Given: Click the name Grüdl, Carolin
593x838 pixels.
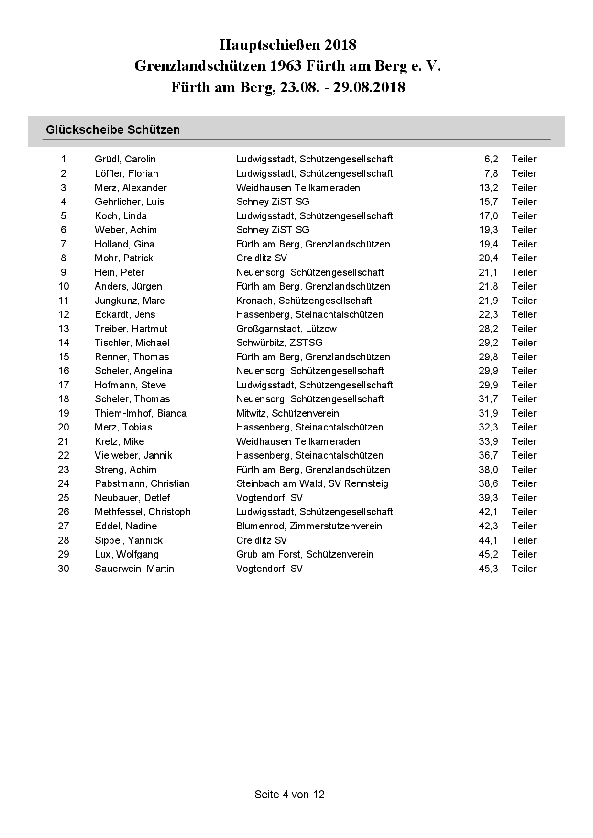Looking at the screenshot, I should point(125,159).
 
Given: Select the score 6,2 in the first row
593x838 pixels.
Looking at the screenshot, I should point(491,159).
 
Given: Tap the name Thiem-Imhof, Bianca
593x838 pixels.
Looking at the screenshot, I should point(140,413).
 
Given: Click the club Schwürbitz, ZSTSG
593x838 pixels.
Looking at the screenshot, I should point(279,343).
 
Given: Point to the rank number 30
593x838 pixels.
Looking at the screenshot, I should point(64,569).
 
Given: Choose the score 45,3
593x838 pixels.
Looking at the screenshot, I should point(488,569).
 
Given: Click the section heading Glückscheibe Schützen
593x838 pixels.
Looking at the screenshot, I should point(113,129).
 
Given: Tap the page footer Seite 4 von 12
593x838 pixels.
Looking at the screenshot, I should point(289,795).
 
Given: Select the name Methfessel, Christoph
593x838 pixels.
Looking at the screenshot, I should point(143,512).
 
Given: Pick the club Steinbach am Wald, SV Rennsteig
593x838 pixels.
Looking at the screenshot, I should point(312,483).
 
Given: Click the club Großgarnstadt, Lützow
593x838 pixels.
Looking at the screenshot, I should point(286,329).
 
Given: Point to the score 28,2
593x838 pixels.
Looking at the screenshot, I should point(488,329).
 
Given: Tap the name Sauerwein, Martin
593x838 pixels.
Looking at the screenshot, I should point(134,569).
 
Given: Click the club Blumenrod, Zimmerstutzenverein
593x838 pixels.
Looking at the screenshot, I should point(309,526).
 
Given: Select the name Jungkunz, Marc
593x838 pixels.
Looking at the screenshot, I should point(129,301).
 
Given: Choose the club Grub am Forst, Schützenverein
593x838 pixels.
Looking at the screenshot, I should point(305,554).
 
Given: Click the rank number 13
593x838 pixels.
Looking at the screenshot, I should point(64,329).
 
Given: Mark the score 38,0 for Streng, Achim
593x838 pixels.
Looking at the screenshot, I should point(488,470).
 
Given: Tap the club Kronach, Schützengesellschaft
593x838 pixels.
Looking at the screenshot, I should point(304,301).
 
